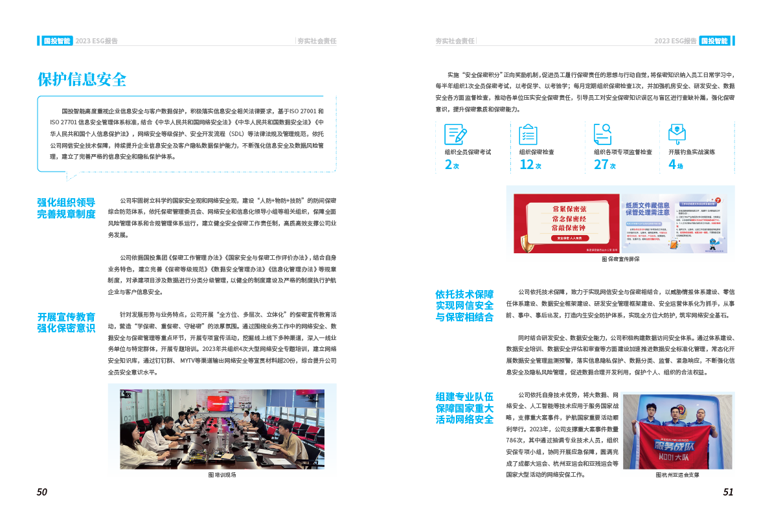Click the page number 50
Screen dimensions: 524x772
point(42,492)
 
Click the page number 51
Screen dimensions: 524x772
point(728,492)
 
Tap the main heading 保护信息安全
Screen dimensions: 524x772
point(82,80)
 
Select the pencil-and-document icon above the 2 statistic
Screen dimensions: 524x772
point(455,133)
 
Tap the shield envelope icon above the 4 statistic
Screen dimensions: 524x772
point(677,133)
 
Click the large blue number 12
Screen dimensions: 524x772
point(527,165)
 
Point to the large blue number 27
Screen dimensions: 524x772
point(601,165)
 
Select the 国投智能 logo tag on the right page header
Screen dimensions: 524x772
point(714,41)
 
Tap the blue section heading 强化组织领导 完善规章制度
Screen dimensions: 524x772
point(67,208)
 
